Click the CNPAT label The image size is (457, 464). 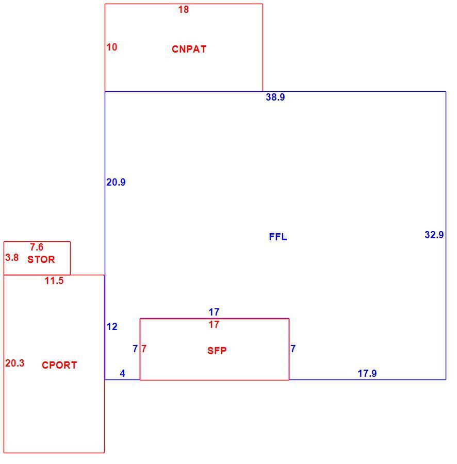[189, 49]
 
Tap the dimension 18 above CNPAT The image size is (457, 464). [184, 9]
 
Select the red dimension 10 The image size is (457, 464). [112, 47]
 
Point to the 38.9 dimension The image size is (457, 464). [275, 97]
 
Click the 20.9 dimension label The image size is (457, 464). [116, 183]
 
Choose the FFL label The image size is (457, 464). [278, 237]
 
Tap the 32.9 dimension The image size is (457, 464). [434, 235]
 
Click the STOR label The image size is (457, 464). [41, 259]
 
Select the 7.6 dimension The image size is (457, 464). [37, 247]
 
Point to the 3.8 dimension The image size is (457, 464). [12, 257]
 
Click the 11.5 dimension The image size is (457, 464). [54, 280]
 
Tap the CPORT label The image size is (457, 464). [59, 365]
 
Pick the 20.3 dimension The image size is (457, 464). [15, 363]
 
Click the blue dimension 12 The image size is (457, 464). [112, 327]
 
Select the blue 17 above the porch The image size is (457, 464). [214, 312]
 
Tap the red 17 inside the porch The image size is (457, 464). [214, 325]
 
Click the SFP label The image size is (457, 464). [217, 351]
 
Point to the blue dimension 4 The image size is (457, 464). [123, 373]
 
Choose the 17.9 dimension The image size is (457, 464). [367, 373]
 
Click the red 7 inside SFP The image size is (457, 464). [144, 349]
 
